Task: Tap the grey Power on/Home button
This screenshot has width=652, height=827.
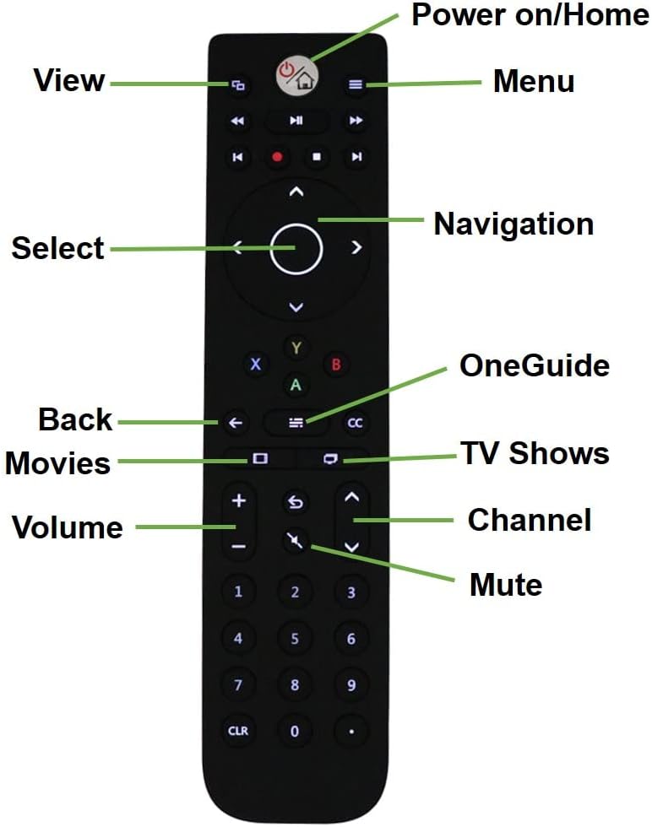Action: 296,76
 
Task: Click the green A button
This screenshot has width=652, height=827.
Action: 296,385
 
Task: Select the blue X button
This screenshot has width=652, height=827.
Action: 256,364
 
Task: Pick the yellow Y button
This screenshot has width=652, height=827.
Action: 296,348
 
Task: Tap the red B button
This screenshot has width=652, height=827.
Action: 336,364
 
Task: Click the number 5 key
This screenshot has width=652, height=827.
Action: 295,639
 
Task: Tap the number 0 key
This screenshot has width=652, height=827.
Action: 295,731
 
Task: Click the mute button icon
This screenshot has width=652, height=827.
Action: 295,540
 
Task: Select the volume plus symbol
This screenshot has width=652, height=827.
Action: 239,500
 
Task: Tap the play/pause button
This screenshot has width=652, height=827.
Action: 296,121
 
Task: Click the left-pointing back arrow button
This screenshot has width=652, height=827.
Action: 236,423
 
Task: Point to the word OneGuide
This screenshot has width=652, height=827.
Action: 535,365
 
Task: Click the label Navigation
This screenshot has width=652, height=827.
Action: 513,224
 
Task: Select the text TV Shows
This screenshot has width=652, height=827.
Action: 535,453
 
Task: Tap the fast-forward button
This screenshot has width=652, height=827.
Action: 356,121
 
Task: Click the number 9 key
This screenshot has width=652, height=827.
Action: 351,685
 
